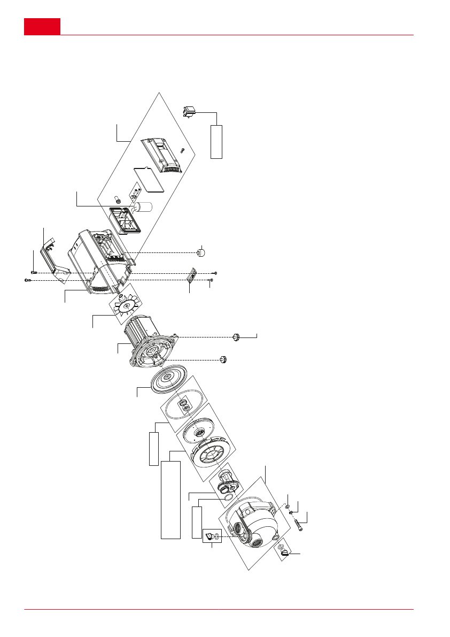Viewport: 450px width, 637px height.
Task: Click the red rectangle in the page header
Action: point(42,27)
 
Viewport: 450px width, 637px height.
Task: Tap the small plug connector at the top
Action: point(190,112)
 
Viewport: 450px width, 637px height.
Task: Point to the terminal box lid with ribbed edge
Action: point(162,155)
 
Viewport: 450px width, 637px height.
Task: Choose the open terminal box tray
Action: point(125,220)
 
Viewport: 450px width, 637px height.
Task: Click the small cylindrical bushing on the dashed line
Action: point(201,252)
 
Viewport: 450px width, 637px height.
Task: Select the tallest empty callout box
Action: point(170,498)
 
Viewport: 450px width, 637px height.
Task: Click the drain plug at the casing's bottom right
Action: point(283,552)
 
